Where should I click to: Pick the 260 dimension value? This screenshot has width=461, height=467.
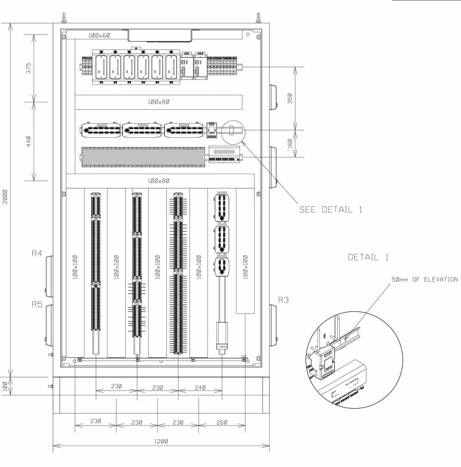tap(222, 422)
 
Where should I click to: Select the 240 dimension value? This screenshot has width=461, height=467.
tap(200, 387)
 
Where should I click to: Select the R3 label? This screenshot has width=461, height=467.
tap(284, 300)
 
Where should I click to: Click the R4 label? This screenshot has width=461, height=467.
tap(37, 254)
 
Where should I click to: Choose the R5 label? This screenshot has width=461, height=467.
tap(37, 304)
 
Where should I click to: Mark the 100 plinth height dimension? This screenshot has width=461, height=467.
tap(5, 386)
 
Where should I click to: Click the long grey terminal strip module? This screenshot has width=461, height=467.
tap(142, 156)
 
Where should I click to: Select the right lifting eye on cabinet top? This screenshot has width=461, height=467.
tap(258, 17)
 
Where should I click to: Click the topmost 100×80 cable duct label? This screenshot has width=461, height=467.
tap(158, 102)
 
